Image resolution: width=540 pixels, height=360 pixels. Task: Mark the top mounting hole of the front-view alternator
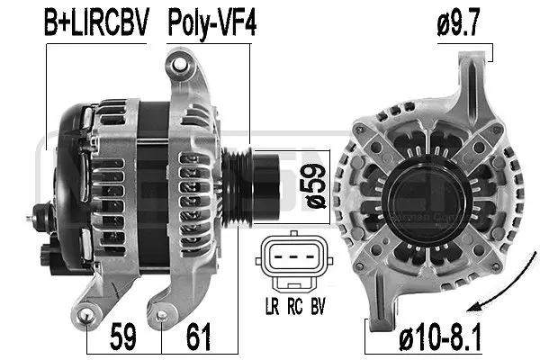point(472,64)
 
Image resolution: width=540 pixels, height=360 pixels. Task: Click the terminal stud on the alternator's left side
point(38,215)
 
